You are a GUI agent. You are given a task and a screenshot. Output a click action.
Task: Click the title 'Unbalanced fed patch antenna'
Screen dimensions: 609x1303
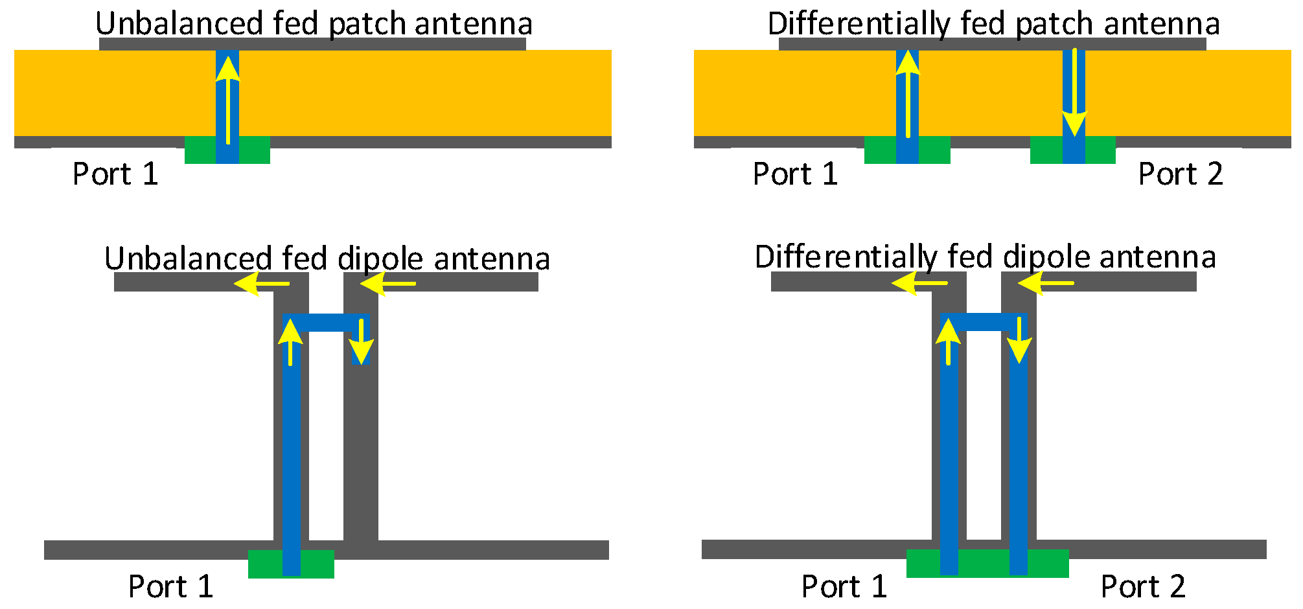click(x=314, y=23)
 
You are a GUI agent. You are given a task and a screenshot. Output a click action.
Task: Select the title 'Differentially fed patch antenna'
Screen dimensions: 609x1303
click(x=993, y=23)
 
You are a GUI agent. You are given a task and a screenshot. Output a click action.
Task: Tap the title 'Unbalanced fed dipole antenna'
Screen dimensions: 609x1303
click(x=327, y=258)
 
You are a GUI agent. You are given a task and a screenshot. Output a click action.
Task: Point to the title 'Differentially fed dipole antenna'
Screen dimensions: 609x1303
click(x=985, y=257)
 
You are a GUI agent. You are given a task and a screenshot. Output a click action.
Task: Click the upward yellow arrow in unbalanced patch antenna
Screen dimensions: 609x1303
click(x=227, y=97)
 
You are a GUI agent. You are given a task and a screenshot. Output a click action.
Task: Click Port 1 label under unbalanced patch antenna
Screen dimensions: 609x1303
click(x=115, y=174)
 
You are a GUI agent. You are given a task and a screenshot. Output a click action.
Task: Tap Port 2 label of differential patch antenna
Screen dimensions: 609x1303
click(x=1181, y=174)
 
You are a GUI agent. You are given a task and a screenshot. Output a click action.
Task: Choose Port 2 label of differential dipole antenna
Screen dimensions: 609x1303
click(x=1143, y=586)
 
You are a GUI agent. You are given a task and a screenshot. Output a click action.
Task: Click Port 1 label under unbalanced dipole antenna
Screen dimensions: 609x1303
click(x=170, y=586)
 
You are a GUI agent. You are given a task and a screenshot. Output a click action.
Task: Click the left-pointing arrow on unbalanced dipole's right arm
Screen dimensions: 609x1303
click(x=387, y=284)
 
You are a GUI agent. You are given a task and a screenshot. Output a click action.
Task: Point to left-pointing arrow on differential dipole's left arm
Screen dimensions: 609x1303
click(x=919, y=283)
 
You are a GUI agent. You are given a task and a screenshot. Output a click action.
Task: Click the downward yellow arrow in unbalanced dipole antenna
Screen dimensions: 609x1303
click(x=361, y=341)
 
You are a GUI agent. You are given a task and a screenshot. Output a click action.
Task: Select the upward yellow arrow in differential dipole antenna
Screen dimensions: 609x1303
click(x=948, y=341)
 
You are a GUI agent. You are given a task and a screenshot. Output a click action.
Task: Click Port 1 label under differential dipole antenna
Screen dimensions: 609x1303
click(x=844, y=586)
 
